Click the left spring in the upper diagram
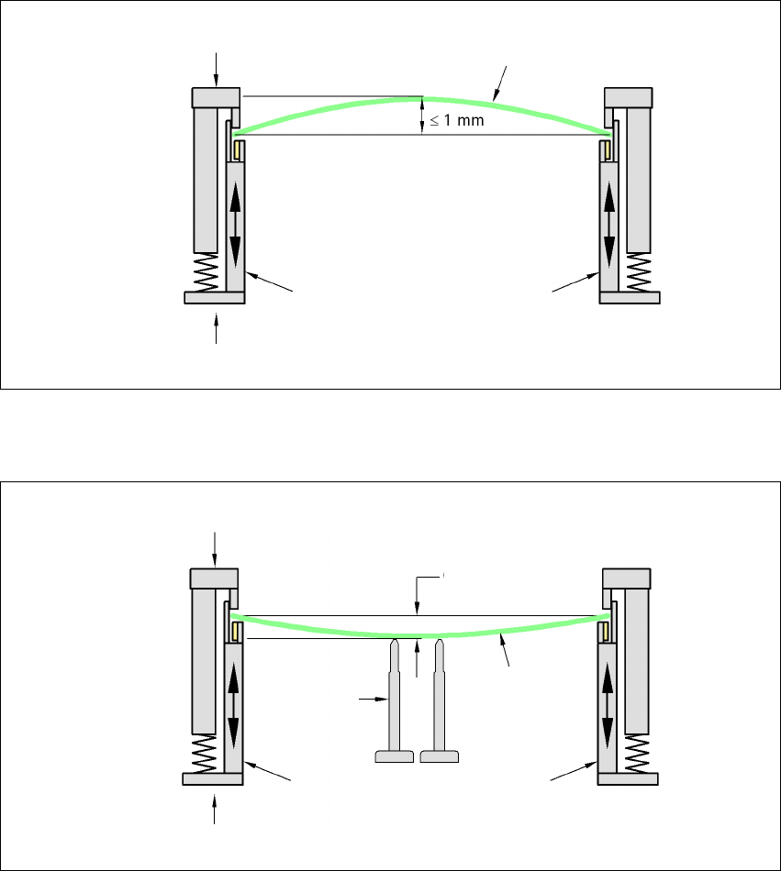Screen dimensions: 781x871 click(x=206, y=272)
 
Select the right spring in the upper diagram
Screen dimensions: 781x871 click(x=639, y=272)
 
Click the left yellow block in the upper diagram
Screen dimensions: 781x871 click(x=239, y=149)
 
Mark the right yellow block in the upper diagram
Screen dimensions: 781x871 click(x=606, y=149)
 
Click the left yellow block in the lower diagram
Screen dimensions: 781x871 click(x=238, y=631)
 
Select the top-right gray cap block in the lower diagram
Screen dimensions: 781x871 click(x=627, y=579)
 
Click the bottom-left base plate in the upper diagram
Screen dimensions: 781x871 click(x=214, y=297)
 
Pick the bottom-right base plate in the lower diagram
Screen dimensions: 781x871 click(x=629, y=778)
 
